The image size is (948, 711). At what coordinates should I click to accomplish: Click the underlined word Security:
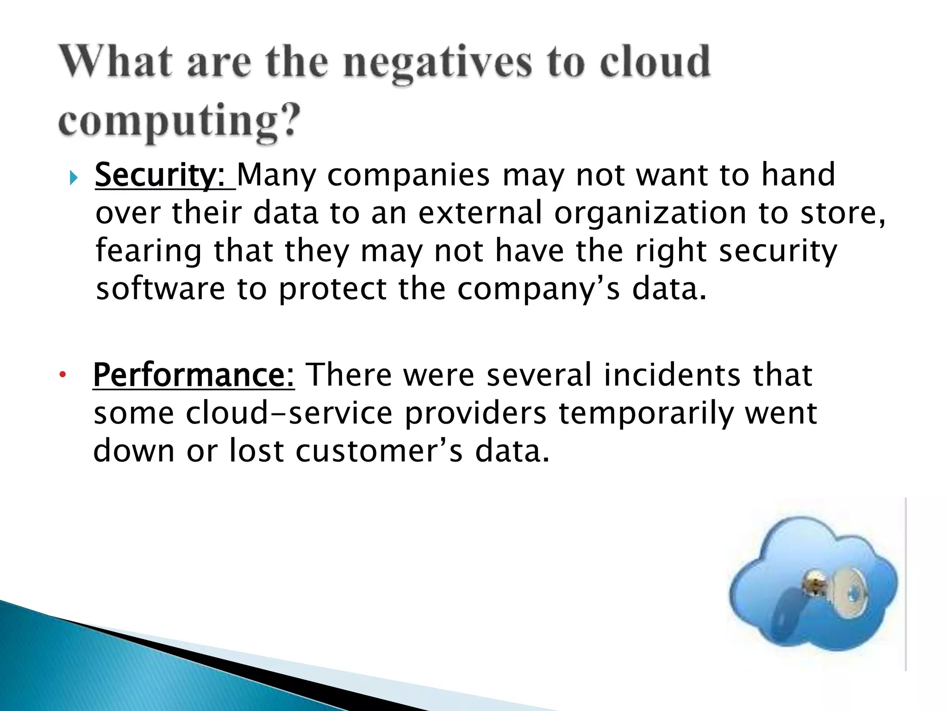pos(160,175)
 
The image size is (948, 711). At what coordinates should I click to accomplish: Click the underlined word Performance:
pos(193,375)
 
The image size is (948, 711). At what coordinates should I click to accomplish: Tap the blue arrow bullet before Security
pos(74,177)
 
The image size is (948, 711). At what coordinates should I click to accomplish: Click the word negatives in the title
pos(438,63)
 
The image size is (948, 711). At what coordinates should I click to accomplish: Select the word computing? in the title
pos(179,121)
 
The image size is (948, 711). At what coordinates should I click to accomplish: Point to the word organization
pos(650,214)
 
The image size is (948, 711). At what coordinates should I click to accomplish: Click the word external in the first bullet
pos(480,213)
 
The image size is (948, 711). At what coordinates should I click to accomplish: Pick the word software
pos(160,289)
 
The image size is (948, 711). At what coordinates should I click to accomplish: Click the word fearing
pos(148,251)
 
